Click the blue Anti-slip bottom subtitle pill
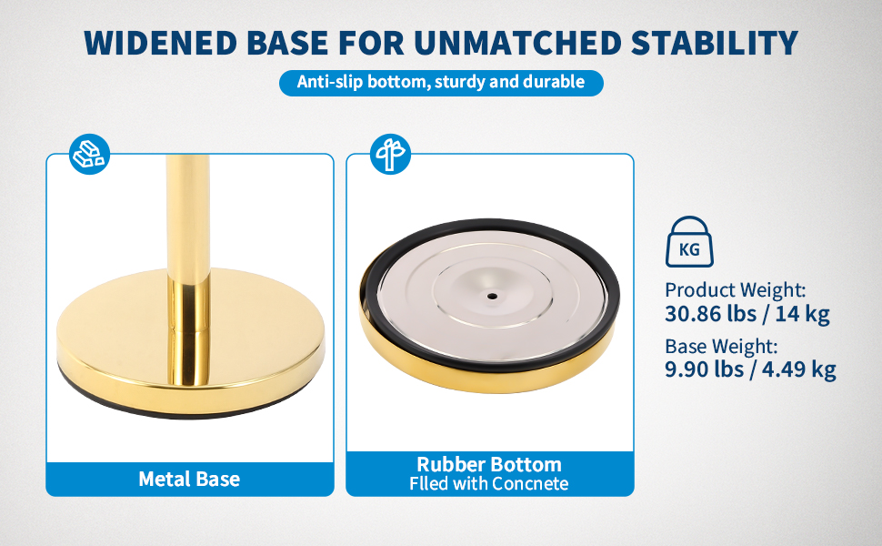441,83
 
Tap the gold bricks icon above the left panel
89,154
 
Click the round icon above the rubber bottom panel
390,154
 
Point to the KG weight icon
689,241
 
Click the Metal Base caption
189,479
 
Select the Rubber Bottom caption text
489,464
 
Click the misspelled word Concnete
530,483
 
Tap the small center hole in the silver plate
492,296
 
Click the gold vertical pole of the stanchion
188,270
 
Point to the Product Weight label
736,290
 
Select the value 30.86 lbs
711,314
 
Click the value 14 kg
802,314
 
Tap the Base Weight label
721,346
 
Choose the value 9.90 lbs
705,369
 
